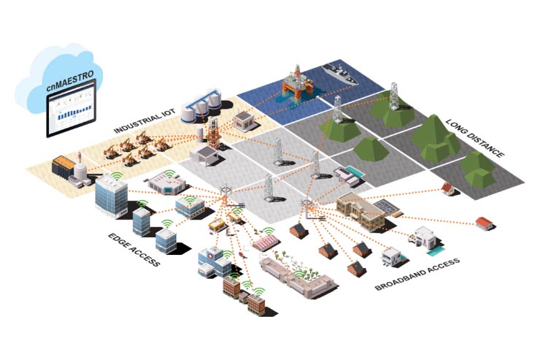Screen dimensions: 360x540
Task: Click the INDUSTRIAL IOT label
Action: (x=139, y=123)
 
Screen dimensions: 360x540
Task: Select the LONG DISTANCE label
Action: (x=475, y=139)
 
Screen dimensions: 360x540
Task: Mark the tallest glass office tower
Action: (x=110, y=195)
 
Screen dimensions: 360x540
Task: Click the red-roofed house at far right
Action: (x=483, y=222)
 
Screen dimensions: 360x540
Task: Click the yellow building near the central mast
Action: (x=217, y=225)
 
